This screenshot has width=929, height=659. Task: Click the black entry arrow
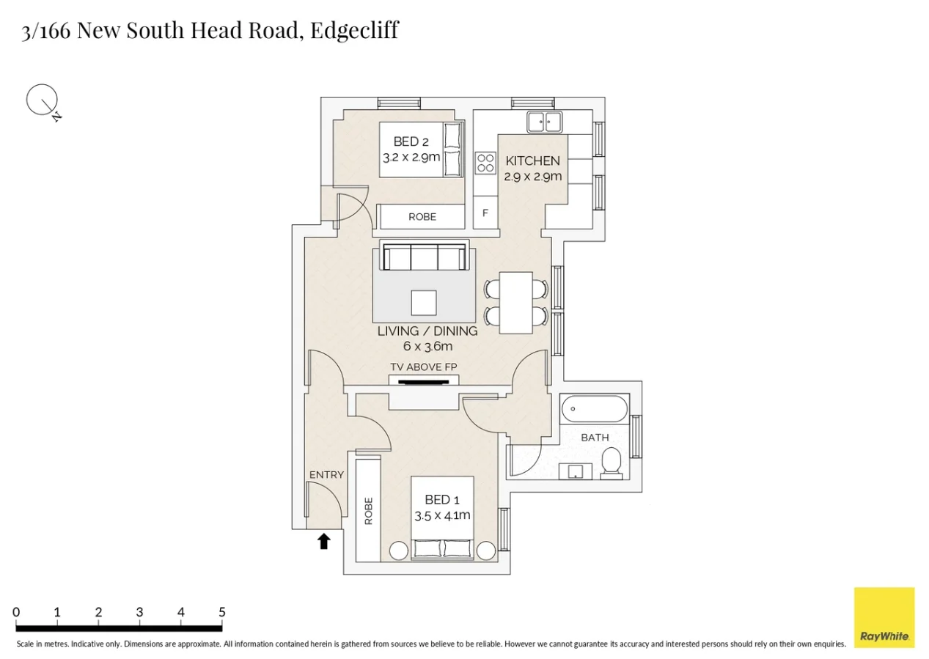[323, 542]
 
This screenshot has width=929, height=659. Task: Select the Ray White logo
[884, 617]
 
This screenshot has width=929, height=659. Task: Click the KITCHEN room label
[533, 161]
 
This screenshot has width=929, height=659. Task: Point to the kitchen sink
[544, 122]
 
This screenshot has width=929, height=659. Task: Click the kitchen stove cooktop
[485, 162]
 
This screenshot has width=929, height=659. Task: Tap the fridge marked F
[485, 214]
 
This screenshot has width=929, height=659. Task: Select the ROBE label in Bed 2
[422, 217]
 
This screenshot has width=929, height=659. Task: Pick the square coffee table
[424, 302]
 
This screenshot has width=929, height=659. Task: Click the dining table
[515, 302]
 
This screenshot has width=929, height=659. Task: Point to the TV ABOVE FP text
[424, 367]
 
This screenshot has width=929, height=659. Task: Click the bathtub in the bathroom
[593, 408]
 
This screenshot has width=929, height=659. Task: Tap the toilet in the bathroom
[611, 463]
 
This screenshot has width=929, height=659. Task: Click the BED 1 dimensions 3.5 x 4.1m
[442, 515]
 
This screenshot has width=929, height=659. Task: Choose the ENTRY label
[326, 475]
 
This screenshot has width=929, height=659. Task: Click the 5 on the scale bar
[221, 612]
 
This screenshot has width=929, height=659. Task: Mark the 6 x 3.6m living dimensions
[427, 346]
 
